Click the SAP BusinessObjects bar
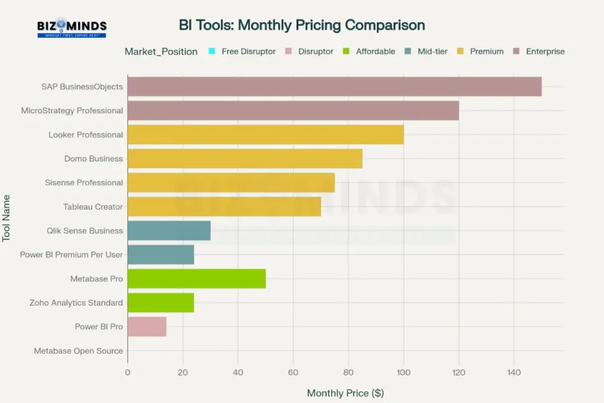pyautogui.click(x=334, y=86)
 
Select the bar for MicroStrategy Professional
pyautogui.click(x=293, y=111)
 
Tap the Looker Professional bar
pyautogui.click(x=265, y=134)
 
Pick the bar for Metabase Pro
pyautogui.click(x=196, y=279)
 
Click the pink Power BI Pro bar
pyautogui.click(x=147, y=326)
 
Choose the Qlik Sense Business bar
pyautogui.click(x=169, y=230)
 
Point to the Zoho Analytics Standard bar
pyautogui.click(x=160, y=303)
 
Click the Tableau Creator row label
pyautogui.click(x=93, y=207)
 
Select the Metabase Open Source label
pyautogui.click(x=78, y=351)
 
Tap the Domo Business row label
pyautogui.click(x=93, y=159)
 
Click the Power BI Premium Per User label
pyautogui.click(x=71, y=255)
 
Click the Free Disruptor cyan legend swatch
pyautogui.click(x=212, y=51)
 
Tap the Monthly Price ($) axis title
pyautogui.click(x=345, y=393)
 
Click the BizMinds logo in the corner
pyautogui.click(x=72, y=28)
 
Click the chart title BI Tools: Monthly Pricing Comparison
pyautogui.click(x=302, y=26)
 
